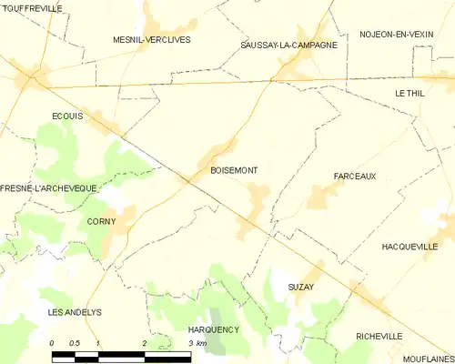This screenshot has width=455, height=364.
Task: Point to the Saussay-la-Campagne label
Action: (288, 45)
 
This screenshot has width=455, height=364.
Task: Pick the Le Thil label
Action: (409, 93)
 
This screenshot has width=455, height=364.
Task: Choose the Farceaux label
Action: (354, 176)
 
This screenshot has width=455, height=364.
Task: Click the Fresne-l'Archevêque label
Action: (43, 188)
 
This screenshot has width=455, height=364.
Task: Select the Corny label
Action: (100, 221)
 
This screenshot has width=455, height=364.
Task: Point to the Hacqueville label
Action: (410, 246)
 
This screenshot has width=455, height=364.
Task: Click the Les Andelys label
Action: (74, 312)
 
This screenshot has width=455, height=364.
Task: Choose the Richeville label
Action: (379, 336)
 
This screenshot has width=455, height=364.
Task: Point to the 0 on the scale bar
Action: (52, 343)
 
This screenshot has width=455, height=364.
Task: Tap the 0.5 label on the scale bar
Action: (75, 343)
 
